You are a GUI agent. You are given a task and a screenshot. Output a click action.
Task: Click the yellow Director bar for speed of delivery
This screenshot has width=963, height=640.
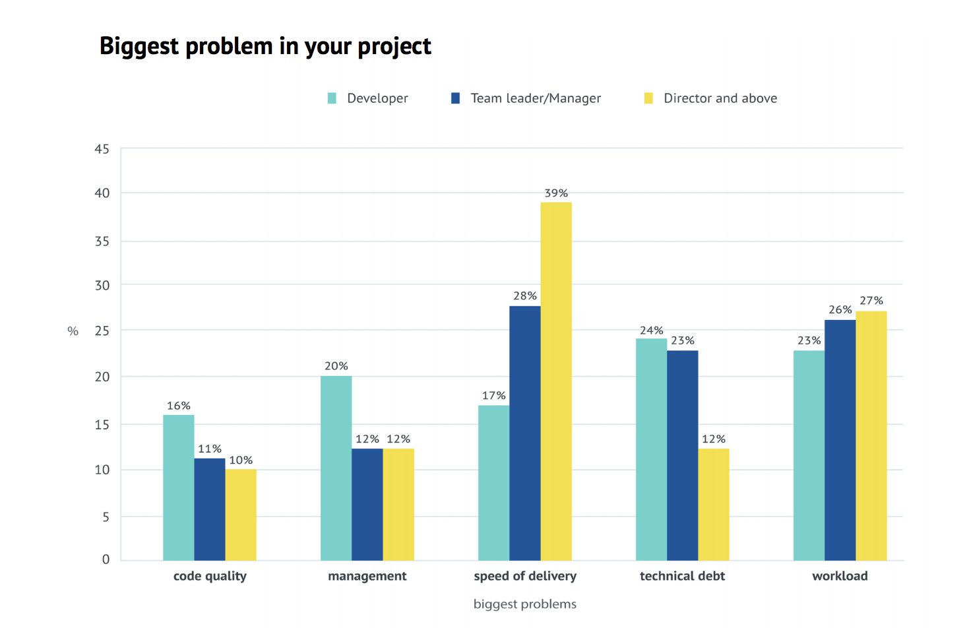[x=556, y=381]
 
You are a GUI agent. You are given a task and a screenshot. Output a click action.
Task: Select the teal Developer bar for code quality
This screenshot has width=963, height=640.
[x=179, y=488]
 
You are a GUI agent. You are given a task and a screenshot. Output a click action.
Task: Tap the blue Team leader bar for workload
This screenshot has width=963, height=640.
[x=840, y=440]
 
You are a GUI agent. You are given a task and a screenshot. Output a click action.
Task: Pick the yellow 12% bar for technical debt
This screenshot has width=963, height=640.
[x=714, y=505]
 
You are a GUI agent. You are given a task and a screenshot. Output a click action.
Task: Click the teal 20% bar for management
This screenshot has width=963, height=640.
[x=336, y=468]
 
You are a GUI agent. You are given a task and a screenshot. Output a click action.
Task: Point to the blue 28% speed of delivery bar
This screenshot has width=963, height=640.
[x=525, y=433]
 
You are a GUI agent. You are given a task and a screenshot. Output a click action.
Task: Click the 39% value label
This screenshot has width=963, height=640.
[x=556, y=193]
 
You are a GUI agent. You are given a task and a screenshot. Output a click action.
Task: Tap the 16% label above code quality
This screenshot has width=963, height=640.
[x=179, y=406]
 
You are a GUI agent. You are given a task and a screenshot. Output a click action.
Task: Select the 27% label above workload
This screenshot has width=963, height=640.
[x=871, y=301]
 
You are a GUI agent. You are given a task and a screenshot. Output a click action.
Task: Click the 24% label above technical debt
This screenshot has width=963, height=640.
[x=652, y=331]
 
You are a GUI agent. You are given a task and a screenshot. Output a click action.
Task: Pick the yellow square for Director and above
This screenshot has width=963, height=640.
[x=649, y=98]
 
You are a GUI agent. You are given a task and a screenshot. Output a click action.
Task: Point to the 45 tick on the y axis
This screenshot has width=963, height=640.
[x=102, y=149]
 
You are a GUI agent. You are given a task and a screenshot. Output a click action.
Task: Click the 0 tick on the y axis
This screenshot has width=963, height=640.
[x=106, y=560]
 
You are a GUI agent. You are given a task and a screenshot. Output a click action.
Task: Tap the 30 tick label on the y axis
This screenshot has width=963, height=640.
[x=102, y=286]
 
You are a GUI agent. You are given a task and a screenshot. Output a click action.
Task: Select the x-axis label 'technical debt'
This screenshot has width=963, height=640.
[x=682, y=576]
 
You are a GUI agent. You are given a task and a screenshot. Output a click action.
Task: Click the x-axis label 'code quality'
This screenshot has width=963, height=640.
[x=210, y=576]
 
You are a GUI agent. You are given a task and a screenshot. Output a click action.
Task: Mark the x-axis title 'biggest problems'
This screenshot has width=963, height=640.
[x=525, y=604]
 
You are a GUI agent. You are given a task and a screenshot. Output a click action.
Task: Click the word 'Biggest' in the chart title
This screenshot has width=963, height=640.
[x=139, y=46]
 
